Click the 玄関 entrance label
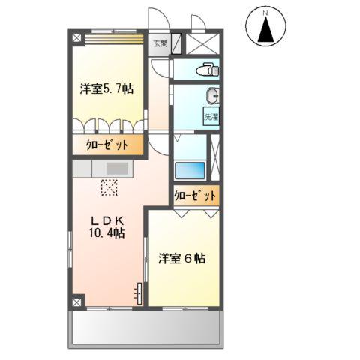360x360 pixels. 161,43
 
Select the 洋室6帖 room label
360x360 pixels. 182,258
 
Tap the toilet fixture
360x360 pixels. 204,70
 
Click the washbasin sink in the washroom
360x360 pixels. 212,97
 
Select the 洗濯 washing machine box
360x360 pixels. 211,117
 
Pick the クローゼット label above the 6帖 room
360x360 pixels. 196,196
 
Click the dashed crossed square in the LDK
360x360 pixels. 109,187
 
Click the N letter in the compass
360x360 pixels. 265,13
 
